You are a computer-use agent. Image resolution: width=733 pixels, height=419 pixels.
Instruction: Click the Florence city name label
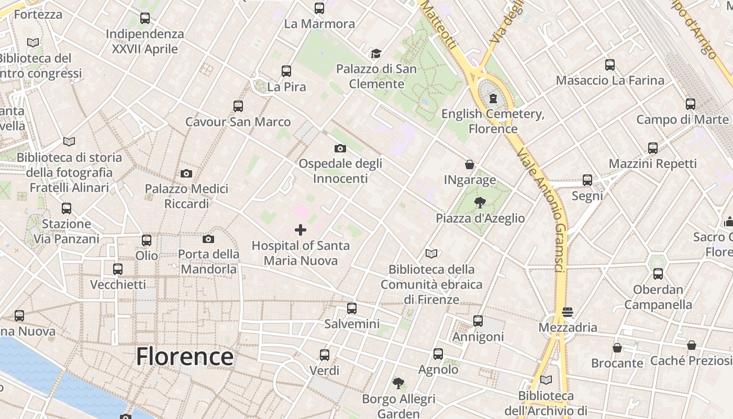pos(184,357)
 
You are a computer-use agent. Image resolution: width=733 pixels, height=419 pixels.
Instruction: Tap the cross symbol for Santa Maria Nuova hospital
pos(301,229)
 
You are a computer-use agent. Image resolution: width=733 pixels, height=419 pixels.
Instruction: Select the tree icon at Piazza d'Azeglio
pos(480,203)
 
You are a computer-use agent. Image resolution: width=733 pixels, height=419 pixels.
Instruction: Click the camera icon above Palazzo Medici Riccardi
pos(186,173)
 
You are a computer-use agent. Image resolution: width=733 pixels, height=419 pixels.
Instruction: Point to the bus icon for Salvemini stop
pos(352,308)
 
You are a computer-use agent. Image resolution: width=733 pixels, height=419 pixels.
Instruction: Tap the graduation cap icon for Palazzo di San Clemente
pos(376,53)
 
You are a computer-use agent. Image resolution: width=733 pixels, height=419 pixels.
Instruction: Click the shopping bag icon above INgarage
pos(470,164)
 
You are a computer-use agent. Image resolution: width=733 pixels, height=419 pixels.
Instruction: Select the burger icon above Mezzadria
pos(568,312)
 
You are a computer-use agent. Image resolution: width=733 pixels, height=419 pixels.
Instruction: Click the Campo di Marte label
pos(682,119)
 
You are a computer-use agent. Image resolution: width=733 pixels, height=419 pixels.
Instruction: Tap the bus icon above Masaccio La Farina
pos(610,65)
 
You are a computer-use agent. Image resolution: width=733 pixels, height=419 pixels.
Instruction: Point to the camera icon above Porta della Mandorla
pos(208,239)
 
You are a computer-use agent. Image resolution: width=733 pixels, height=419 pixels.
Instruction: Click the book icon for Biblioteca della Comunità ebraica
pos(431,254)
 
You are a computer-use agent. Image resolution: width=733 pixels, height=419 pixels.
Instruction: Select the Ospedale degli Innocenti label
pos(340,171)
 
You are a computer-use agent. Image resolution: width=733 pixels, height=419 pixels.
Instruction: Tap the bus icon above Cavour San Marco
pos(238,106)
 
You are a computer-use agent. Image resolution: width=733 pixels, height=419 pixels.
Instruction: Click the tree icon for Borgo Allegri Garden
pos(398,383)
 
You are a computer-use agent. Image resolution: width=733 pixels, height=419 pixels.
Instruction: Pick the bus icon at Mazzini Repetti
pos(653,148)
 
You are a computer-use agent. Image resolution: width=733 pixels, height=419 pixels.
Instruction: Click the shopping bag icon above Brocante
pos(617,348)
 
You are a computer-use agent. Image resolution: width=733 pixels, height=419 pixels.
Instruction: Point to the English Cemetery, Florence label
pos(493,121)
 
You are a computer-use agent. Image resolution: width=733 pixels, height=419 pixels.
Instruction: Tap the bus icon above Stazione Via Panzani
pos(66,208)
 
